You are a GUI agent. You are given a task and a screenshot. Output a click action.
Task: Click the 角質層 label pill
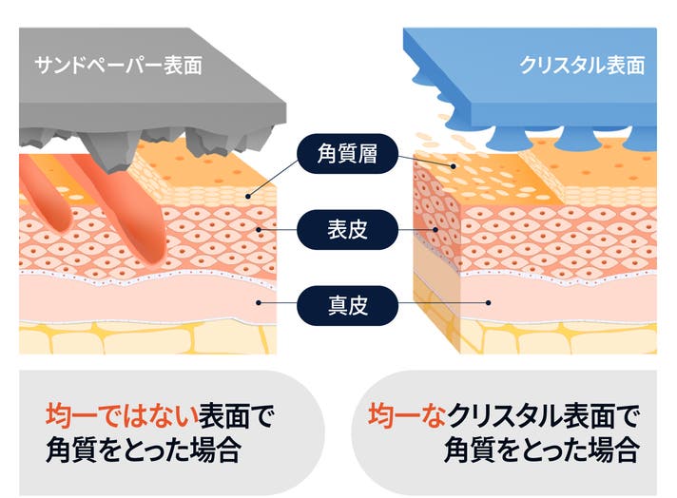pyautogui.click(x=347, y=154)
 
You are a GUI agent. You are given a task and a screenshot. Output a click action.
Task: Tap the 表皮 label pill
pyautogui.click(x=347, y=230)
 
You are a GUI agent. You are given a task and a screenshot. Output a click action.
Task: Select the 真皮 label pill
pyautogui.click(x=347, y=305)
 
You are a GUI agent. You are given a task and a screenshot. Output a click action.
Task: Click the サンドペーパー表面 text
pyautogui.click(x=118, y=66)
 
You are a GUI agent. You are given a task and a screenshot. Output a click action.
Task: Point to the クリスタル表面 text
pyautogui.click(x=582, y=66)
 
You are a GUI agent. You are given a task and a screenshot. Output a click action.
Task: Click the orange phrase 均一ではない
pyautogui.click(x=122, y=415)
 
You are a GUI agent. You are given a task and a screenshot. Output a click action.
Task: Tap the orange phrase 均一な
pyautogui.click(x=407, y=415)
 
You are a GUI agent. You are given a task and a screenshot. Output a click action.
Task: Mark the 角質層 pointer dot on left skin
pyautogui.click(x=248, y=197)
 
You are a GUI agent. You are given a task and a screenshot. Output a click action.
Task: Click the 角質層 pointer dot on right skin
pyautogui.click(x=454, y=166)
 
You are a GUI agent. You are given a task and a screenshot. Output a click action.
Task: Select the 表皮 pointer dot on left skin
pyautogui.click(x=259, y=230)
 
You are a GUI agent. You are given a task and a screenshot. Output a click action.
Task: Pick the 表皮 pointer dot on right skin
pyautogui.click(x=435, y=230)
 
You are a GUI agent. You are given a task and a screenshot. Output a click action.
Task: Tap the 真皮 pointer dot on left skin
pyautogui.click(x=259, y=303)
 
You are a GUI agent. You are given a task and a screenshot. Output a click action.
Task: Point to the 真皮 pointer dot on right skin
pyautogui.click(x=489, y=303)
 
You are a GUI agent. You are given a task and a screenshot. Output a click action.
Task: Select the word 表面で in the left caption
pyautogui.click(x=236, y=415)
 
